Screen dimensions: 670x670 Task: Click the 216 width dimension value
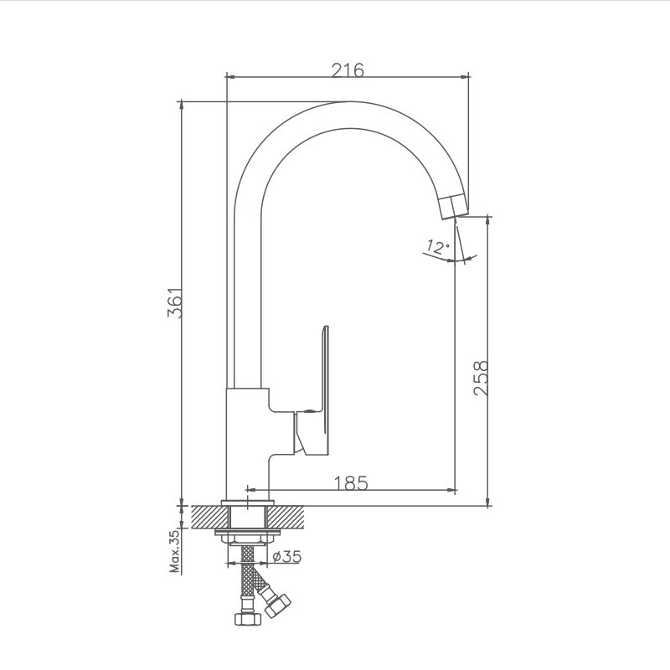pyautogui.click(x=347, y=70)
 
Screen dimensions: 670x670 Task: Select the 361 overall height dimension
pyautogui.click(x=175, y=303)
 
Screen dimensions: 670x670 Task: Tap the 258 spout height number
pyautogui.click(x=480, y=379)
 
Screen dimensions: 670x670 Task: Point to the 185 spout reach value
pyautogui.click(x=351, y=483)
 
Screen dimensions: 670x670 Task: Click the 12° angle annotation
pyautogui.click(x=436, y=246)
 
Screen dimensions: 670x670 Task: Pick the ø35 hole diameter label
pyautogui.click(x=286, y=555)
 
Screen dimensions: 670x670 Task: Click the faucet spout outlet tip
pyautogui.click(x=452, y=206)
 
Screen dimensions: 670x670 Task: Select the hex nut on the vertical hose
pyautogui.click(x=246, y=619)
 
